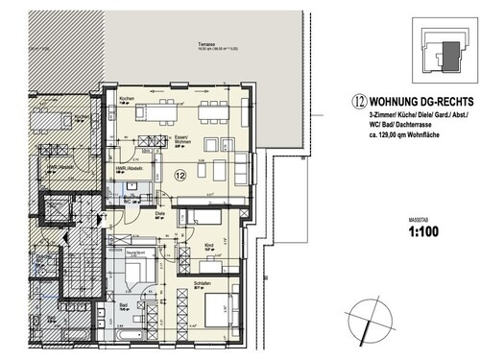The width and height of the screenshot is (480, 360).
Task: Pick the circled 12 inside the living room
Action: pos(181,175)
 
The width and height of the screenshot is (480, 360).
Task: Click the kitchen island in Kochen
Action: pos(158,112)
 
